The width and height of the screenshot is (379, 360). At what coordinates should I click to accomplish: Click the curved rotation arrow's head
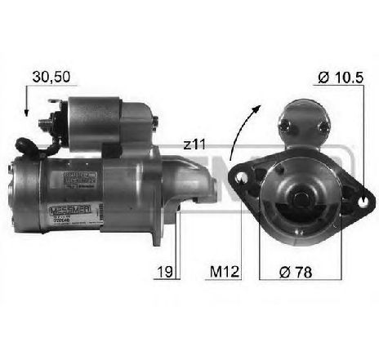pos(261,109)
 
